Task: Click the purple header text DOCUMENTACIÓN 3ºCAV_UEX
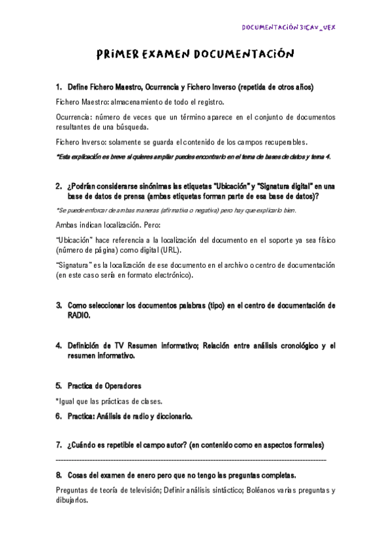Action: (289, 27)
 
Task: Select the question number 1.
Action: (59, 87)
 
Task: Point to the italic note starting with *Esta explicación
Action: (193, 157)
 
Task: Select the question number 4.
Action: (59, 345)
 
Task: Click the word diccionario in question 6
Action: (171, 415)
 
